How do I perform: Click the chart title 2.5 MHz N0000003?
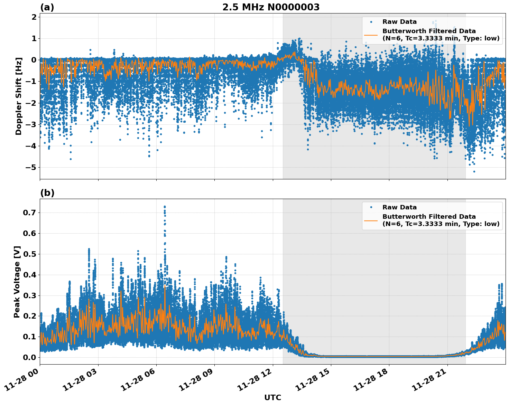click(x=271, y=7)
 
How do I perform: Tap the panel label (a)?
click(x=47, y=7)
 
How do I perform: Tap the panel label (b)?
click(x=47, y=193)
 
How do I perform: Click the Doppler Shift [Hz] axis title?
click(x=19, y=96)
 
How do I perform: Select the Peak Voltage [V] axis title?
click(x=17, y=282)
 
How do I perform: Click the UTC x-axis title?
click(x=272, y=397)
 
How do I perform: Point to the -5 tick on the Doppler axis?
click(x=32, y=168)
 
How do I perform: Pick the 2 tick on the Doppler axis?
click(x=34, y=17)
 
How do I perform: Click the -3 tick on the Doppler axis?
click(x=32, y=124)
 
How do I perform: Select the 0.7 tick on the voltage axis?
click(x=29, y=213)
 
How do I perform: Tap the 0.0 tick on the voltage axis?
click(x=29, y=357)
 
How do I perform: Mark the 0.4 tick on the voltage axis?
click(x=29, y=275)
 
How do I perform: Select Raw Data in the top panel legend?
click(x=399, y=22)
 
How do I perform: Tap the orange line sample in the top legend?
click(x=371, y=35)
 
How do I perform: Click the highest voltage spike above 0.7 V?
click(x=165, y=207)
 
